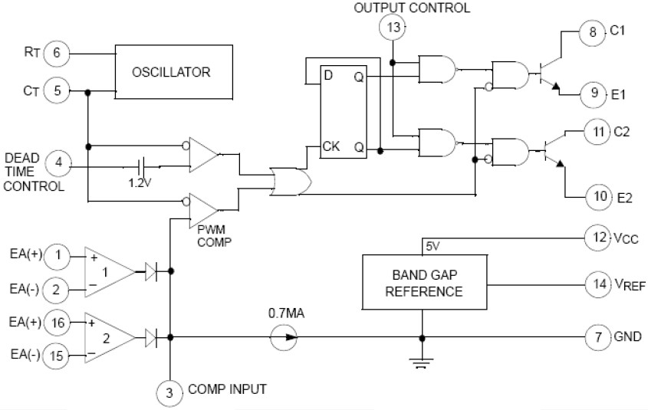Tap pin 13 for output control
(x=393, y=28)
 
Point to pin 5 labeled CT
(x=57, y=91)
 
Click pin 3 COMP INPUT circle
(x=170, y=393)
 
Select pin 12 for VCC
(x=596, y=238)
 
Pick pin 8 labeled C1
(x=591, y=32)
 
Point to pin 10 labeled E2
(x=599, y=197)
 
